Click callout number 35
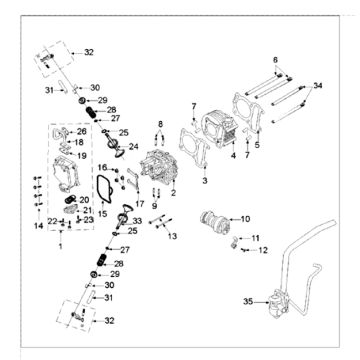tap(249, 300)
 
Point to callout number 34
tap(318, 87)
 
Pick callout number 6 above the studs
tap(273, 59)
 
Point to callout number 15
tap(103, 213)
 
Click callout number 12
tap(264, 250)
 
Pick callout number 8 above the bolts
tap(159, 123)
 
